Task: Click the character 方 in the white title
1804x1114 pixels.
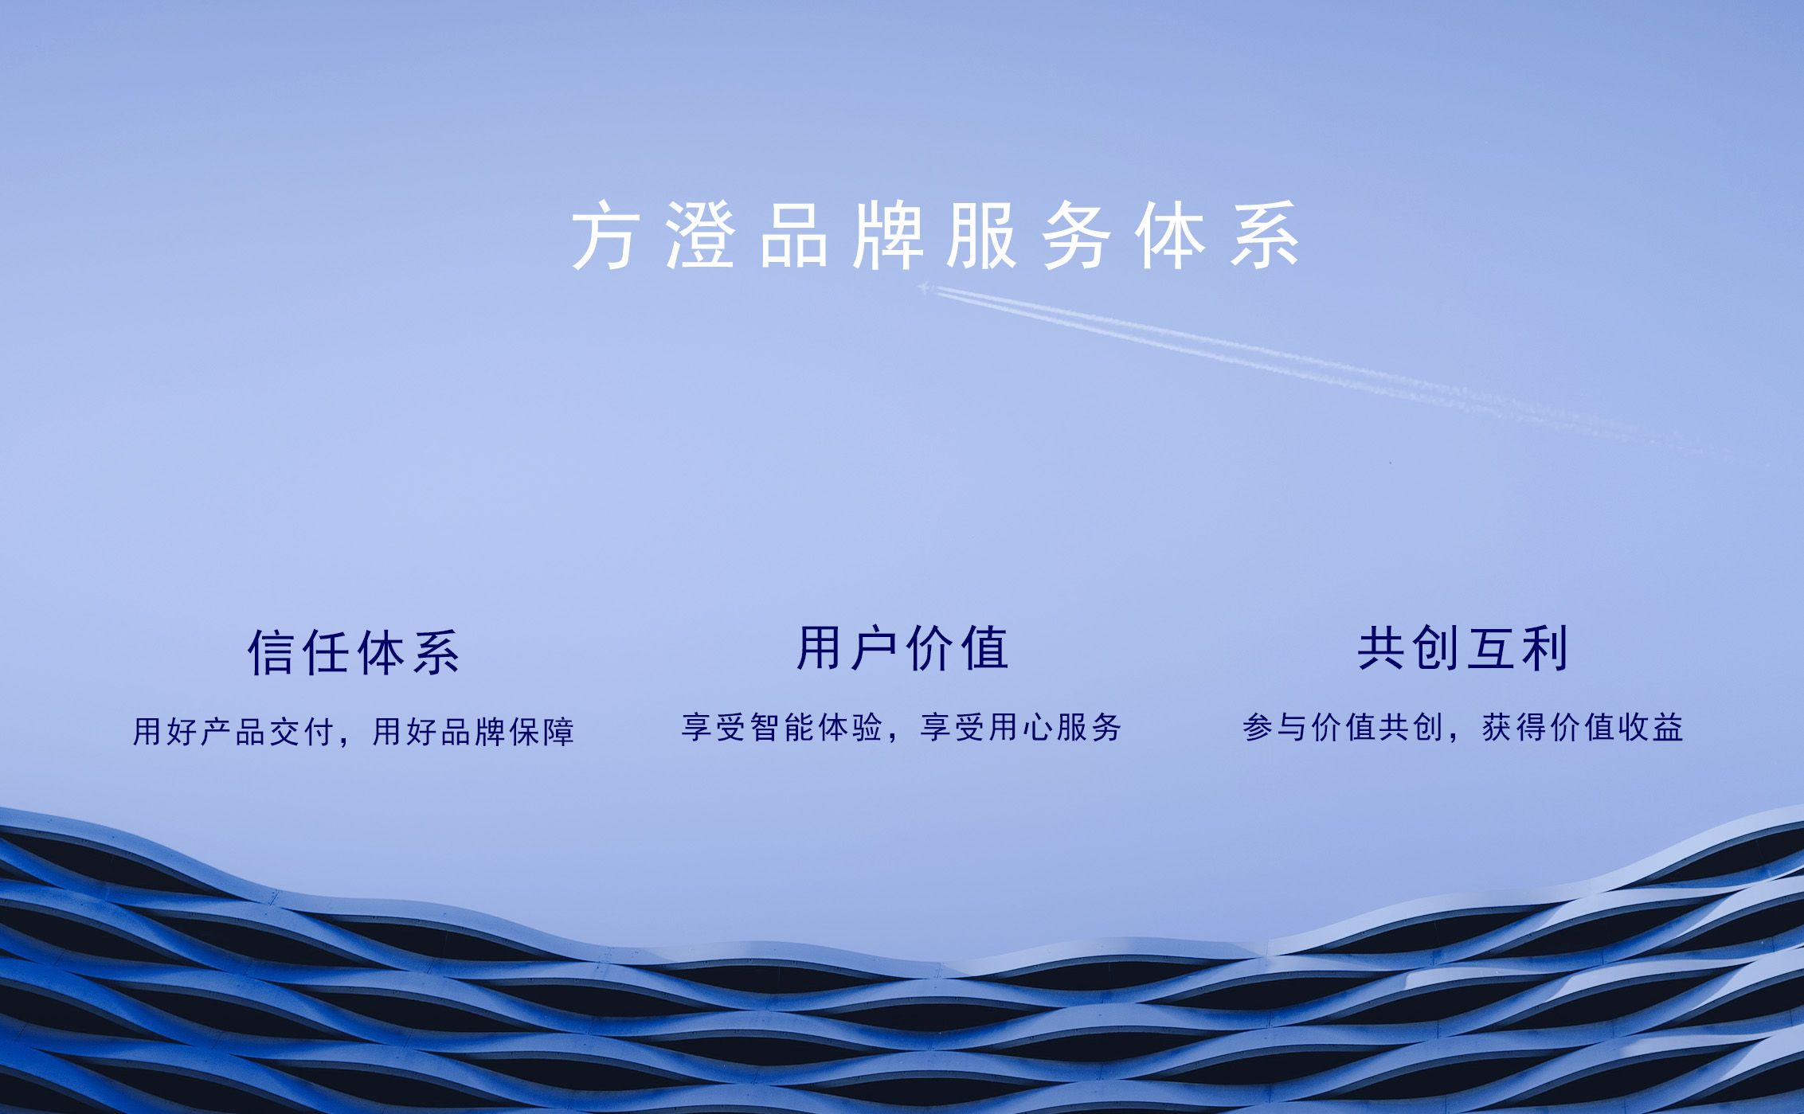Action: (x=605, y=236)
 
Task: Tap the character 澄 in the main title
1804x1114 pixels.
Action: (x=700, y=236)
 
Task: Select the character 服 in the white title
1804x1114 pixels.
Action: (x=982, y=236)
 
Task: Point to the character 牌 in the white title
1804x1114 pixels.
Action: (x=888, y=236)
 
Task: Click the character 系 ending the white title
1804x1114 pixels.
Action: (x=1265, y=236)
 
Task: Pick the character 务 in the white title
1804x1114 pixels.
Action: (x=1077, y=236)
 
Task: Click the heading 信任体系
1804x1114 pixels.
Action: (x=354, y=653)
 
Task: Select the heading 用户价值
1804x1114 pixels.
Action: (x=903, y=648)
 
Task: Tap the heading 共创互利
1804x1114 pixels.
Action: (x=1463, y=648)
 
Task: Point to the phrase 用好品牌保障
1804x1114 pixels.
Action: (x=473, y=732)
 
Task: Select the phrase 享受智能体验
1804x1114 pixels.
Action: (x=781, y=727)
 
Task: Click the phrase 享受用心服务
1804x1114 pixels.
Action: (x=1021, y=727)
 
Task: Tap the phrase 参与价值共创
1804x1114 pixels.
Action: (x=1343, y=727)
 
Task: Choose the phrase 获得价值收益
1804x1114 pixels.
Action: (x=1583, y=727)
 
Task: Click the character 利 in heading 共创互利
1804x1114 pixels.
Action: (x=1545, y=648)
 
